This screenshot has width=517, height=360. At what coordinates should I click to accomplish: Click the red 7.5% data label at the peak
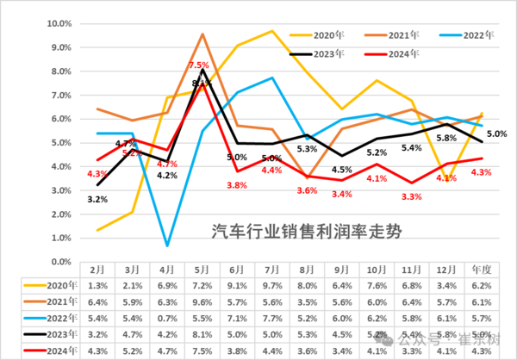coord(199,65)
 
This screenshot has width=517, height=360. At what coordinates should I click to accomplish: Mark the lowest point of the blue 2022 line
coord(166,245)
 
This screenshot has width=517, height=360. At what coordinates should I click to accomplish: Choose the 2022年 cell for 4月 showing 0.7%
coord(166,318)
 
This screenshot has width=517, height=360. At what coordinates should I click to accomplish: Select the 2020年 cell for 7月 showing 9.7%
coord(272,285)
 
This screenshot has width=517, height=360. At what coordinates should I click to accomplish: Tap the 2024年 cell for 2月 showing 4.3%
coord(97,351)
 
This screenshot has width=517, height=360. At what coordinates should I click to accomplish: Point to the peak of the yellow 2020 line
coord(272,31)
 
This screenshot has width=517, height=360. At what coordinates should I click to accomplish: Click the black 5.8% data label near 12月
coord(446,137)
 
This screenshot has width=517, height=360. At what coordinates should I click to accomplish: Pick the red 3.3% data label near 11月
coord(412,197)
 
